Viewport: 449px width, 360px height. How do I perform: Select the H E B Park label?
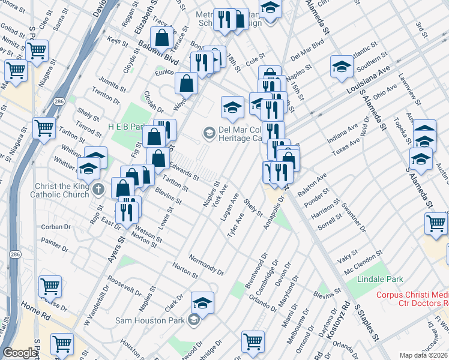tap(127, 127)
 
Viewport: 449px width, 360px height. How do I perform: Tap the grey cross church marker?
tap(100, 190)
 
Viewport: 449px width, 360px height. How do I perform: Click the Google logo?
tap(20, 352)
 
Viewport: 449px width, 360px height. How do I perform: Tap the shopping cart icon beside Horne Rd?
tap(62, 343)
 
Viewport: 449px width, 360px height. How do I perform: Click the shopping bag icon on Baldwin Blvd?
tap(163, 38)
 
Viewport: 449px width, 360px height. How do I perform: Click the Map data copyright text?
tap(423, 355)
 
